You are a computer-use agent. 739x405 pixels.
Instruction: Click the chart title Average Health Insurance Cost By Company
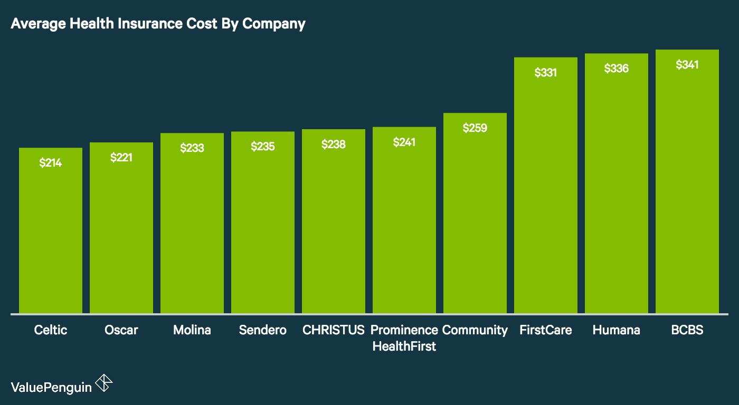[x=158, y=24]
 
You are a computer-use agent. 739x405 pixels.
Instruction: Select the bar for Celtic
[x=51, y=237]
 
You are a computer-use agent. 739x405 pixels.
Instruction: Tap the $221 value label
[x=121, y=157]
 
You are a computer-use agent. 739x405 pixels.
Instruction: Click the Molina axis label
[x=192, y=330]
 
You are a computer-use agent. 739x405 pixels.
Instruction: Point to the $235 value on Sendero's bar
[x=263, y=146]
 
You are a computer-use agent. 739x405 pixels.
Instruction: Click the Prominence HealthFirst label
[x=404, y=338]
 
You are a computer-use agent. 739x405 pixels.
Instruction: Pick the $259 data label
[x=475, y=128]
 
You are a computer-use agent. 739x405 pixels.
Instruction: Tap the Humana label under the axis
[x=617, y=330]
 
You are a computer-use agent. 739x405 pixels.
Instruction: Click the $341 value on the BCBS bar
[x=687, y=65]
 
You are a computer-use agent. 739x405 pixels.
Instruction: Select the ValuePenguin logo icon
[x=103, y=383]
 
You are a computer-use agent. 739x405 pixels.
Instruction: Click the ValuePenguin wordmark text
[x=51, y=387]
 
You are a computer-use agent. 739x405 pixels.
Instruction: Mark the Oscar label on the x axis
[x=121, y=330]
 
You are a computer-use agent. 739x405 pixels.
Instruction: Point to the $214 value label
[x=51, y=163]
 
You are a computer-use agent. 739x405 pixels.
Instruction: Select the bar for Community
[x=475, y=221]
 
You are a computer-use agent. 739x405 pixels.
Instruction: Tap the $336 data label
[x=617, y=68]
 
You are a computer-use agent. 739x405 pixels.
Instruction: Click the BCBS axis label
[x=687, y=330]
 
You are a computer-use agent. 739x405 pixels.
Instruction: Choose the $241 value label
[x=404, y=142]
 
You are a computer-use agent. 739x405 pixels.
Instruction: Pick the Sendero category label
[x=263, y=330]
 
